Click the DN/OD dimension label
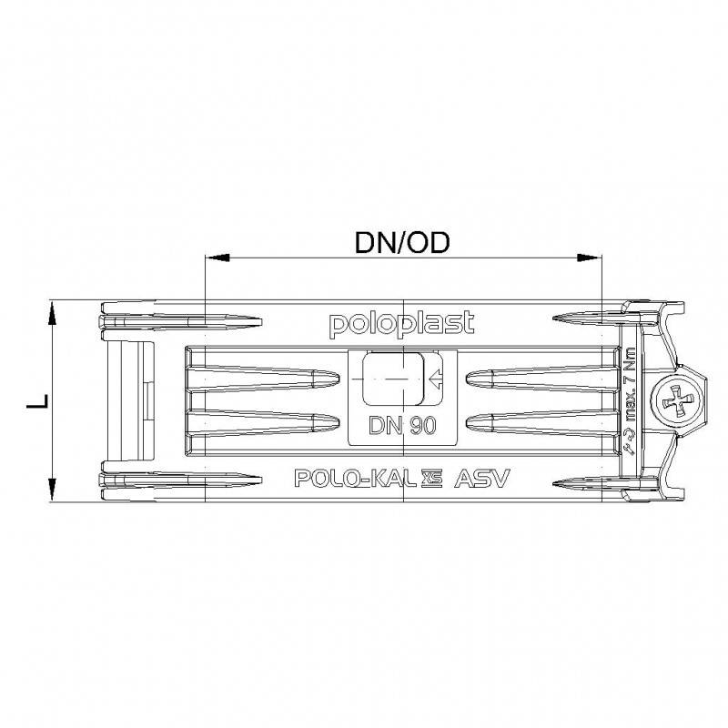(x=402, y=242)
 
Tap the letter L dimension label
(x=37, y=401)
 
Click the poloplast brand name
(x=401, y=325)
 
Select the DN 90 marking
(x=402, y=425)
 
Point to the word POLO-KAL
(x=355, y=478)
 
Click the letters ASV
(x=482, y=478)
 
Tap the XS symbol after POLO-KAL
(x=431, y=479)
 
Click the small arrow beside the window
(x=436, y=379)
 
